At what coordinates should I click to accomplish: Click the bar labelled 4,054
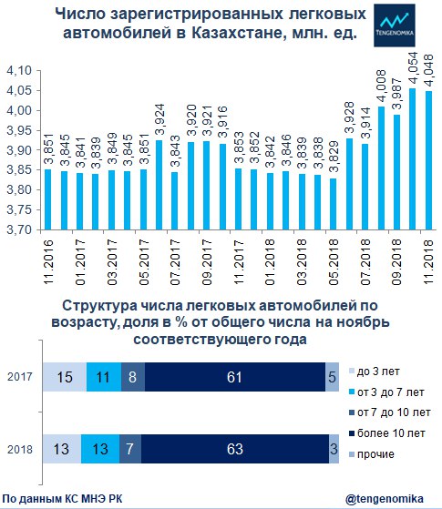tap(413, 159)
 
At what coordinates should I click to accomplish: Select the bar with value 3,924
tap(159, 185)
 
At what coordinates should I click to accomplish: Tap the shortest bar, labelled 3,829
tap(334, 204)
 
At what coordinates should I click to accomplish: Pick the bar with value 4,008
tap(381, 168)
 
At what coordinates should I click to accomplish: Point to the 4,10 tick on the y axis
tap(19, 70)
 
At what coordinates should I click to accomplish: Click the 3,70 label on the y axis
tap(19, 229)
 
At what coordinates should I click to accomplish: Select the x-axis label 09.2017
tap(207, 262)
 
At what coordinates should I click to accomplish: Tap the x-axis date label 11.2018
tap(428, 262)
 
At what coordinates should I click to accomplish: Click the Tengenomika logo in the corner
tap(395, 25)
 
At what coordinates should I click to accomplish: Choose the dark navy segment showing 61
tap(235, 377)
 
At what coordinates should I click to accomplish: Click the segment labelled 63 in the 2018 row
tap(235, 449)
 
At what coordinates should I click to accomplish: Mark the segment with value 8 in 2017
tap(133, 377)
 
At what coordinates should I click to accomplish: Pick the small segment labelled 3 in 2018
tap(334, 449)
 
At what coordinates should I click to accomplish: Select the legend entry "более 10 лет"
tap(387, 433)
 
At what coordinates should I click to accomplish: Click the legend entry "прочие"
tap(372, 454)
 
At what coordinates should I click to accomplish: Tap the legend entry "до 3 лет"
tap(375, 372)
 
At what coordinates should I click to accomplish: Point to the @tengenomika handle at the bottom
tap(385, 499)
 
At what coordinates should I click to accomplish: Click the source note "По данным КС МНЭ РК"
tap(62, 499)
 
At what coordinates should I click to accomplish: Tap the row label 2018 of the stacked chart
tap(20, 449)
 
